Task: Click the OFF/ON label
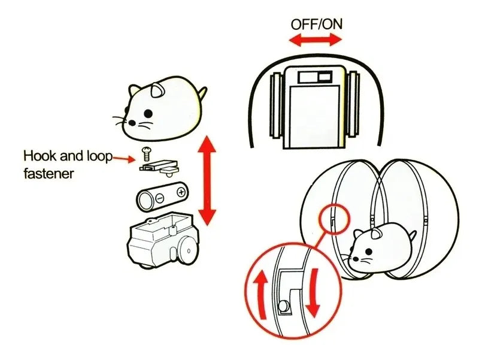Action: [x=316, y=25]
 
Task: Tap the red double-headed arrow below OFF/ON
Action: [x=315, y=40]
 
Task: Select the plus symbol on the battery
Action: [x=181, y=192]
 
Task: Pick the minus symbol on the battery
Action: [x=160, y=198]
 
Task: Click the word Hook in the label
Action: [x=40, y=156]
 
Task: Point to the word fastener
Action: [x=48, y=173]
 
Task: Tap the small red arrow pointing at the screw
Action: [x=124, y=159]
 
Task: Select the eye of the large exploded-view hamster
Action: [x=148, y=114]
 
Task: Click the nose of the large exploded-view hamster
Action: [x=132, y=123]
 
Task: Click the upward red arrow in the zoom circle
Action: [x=262, y=294]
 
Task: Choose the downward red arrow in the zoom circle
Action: [x=313, y=292]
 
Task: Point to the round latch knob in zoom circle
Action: [x=283, y=307]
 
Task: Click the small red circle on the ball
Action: [x=333, y=219]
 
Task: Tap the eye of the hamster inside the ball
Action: [x=368, y=251]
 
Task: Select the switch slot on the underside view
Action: [x=315, y=77]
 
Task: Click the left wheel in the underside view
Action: [x=276, y=105]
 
